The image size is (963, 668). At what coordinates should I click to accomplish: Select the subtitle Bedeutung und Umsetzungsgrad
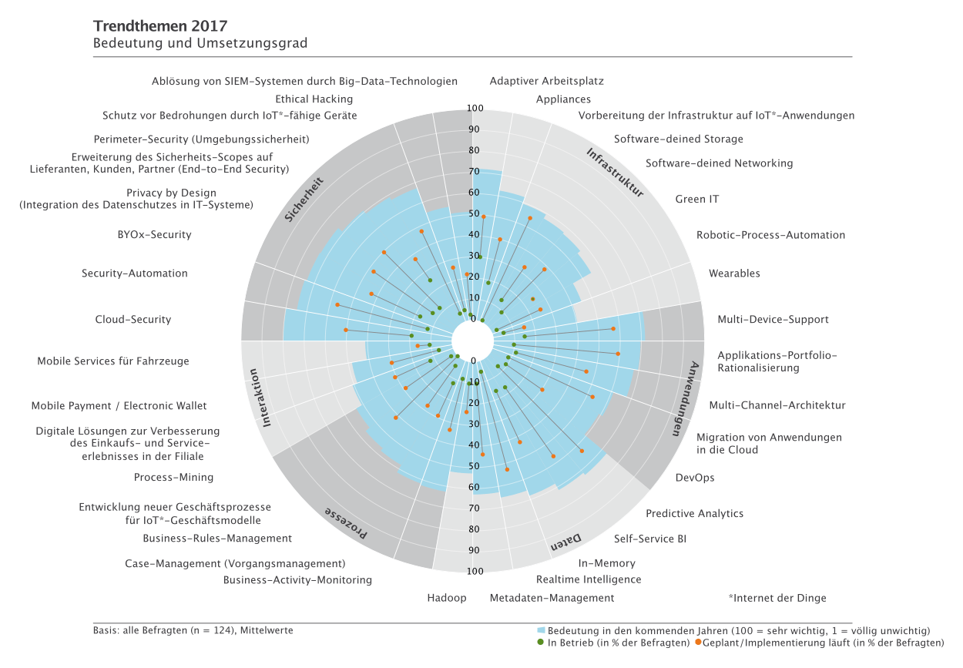[200, 43]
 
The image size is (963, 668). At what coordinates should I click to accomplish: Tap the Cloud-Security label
[133, 320]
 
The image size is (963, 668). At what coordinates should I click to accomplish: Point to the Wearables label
[734, 274]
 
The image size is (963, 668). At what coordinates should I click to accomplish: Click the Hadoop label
[447, 598]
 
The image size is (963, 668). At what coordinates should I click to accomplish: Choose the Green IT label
[697, 200]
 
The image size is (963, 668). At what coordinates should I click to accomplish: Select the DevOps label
[695, 478]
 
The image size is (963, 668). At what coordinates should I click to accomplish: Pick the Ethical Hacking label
[314, 99]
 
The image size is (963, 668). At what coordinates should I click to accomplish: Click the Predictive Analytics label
[694, 514]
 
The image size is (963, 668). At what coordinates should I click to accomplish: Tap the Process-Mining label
[173, 478]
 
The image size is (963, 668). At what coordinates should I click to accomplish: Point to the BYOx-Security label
[149, 235]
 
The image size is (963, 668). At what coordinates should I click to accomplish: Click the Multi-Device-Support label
[773, 320]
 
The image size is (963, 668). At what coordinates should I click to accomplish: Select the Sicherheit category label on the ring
[304, 200]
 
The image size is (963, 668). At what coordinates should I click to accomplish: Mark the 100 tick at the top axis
[475, 108]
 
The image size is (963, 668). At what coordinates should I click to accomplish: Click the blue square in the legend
[541, 630]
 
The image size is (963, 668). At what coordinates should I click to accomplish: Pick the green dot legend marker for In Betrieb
[541, 643]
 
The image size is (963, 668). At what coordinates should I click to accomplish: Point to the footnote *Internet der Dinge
[777, 598]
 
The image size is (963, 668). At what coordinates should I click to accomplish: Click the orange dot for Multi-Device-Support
[613, 329]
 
